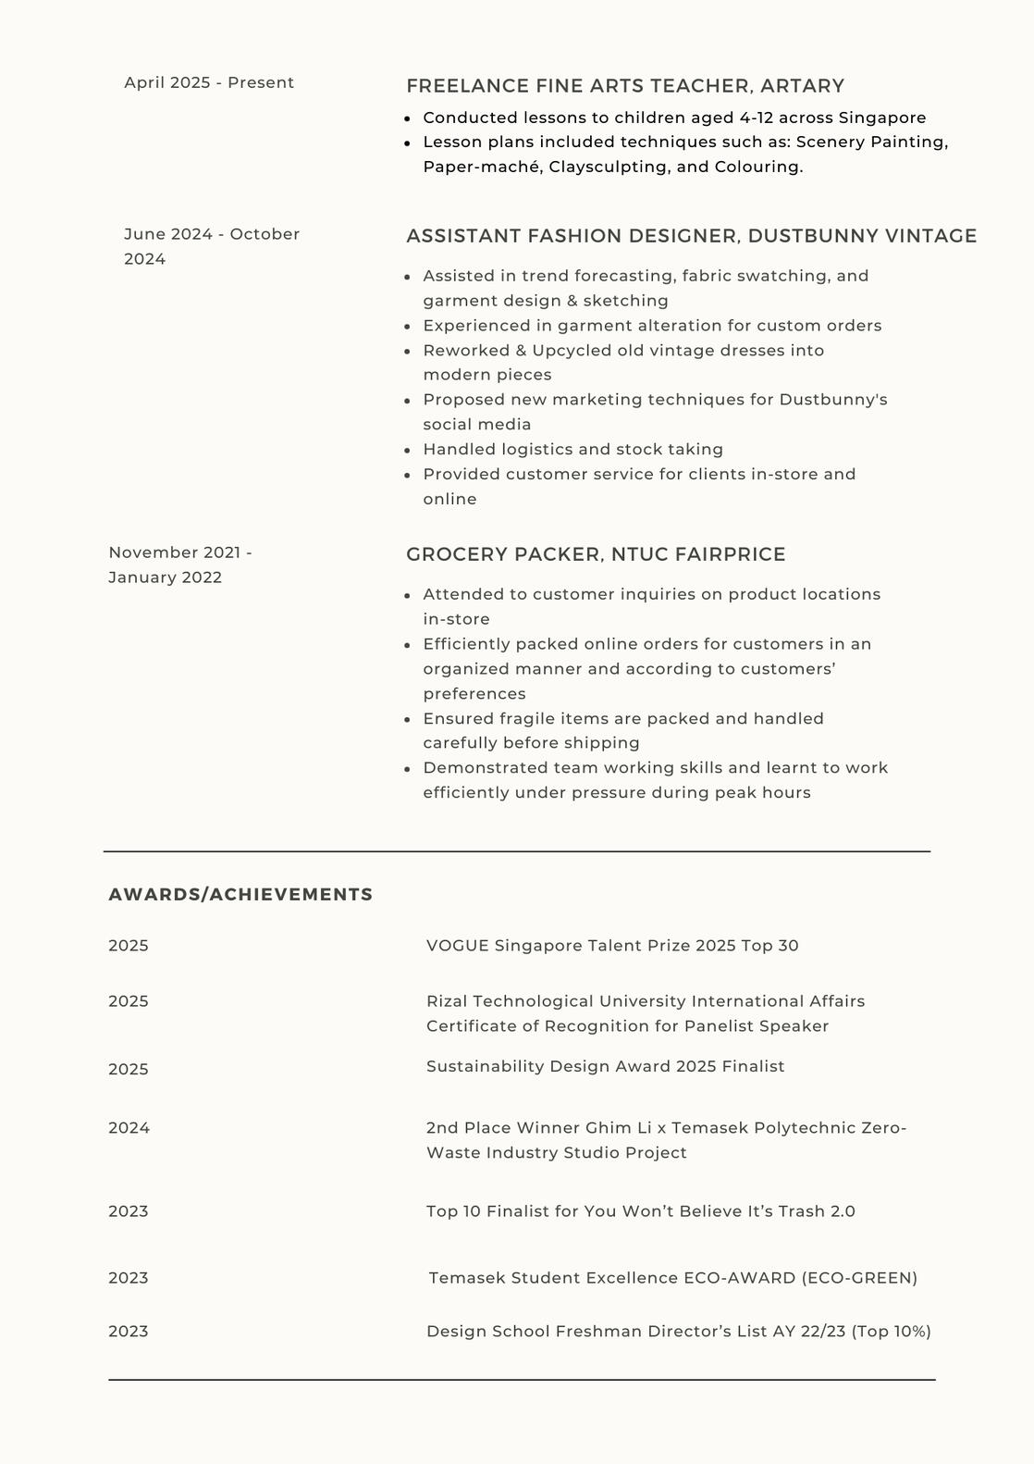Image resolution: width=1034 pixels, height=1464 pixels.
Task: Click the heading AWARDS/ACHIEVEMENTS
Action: coord(240,895)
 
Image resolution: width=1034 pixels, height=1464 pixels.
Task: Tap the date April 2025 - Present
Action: coord(209,82)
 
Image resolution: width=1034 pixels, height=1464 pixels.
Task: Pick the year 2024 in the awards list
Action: coord(129,1128)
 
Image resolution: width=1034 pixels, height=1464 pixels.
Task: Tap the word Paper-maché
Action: coord(482,167)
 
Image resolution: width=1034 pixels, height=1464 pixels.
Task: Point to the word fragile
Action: coord(531,719)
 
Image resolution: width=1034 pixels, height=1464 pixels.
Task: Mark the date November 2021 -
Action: coord(180,552)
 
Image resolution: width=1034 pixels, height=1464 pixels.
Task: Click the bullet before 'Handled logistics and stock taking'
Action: coord(408,450)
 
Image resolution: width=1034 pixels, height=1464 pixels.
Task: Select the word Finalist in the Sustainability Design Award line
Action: coord(753,1066)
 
